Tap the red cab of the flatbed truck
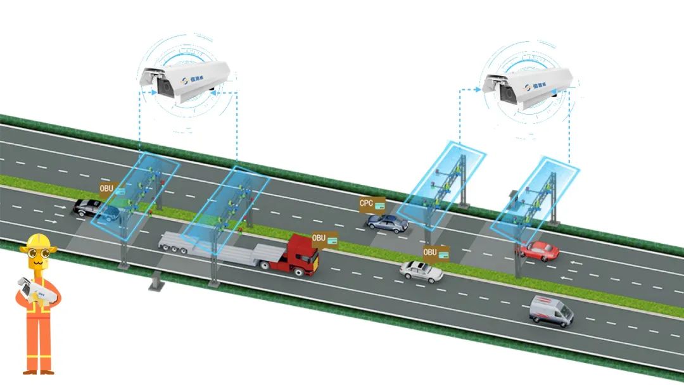[303, 255]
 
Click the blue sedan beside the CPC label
[388, 222]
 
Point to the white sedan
[421, 271]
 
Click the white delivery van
[552, 310]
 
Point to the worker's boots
[38, 369]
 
